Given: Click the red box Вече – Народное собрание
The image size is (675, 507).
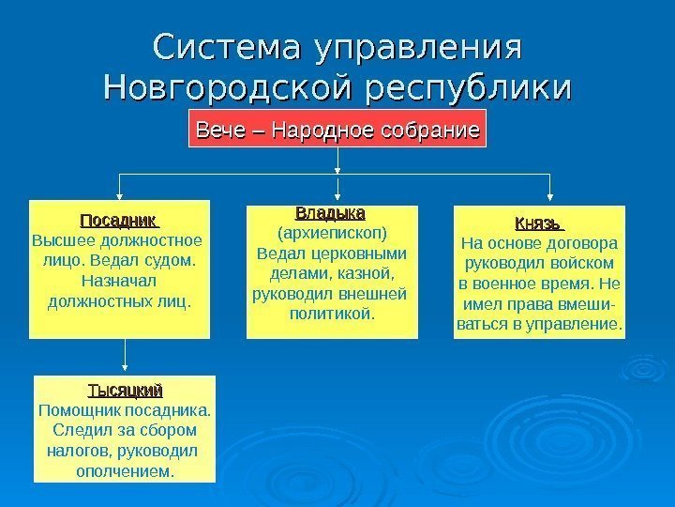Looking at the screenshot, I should point(338,130).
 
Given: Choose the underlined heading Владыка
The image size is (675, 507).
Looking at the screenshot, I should point(330,213).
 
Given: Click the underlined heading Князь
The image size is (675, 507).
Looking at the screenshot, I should point(537,224).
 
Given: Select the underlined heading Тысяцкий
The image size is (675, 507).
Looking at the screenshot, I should point(125,390).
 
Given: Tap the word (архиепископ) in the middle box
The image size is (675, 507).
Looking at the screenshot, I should point(332,233).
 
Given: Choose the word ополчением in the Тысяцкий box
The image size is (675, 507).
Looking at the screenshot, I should point(125,470).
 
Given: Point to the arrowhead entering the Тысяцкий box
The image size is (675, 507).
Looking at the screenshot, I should point(125,370).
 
